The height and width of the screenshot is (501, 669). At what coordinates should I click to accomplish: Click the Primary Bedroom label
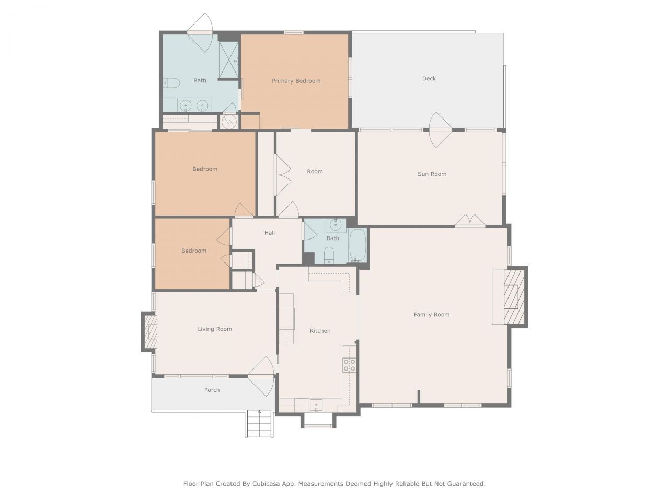click(x=296, y=81)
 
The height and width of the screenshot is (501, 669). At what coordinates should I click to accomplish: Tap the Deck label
click(x=429, y=79)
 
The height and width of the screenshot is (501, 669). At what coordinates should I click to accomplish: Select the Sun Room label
click(x=432, y=174)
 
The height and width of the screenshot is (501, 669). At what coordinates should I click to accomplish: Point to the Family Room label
click(x=431, y=315)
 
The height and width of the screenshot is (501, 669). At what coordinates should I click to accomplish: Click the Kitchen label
click(x=320, y=331)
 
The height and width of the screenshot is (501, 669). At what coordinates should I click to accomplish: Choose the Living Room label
click(x=214, y=329)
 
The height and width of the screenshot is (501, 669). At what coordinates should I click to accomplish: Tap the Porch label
click(x=212, y=390)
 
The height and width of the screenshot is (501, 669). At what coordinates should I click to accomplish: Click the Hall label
click(x=269, y=233)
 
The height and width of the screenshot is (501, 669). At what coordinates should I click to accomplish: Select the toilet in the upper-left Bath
click(x=171, y=82)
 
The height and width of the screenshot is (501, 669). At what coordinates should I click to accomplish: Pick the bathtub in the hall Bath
click(x=358, y=246)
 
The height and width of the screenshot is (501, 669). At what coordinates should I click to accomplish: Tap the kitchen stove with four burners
click(x=349, y=365)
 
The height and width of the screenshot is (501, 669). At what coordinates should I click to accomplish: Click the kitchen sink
click(x=316, y=405)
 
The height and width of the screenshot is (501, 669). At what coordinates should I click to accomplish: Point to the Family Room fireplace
click(x=511, y=297)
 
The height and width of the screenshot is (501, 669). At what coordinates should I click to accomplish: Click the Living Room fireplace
click(x=151, y=331)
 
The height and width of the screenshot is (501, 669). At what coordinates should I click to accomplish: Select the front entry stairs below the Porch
click(x=259, y=423)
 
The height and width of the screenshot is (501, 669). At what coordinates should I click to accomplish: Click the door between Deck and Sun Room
click(x=440, y=130)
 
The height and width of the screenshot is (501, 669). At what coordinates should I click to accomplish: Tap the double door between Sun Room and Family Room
click(x=469, y=221)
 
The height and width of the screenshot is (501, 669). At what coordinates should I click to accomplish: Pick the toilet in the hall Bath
click(x=329, y=255)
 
